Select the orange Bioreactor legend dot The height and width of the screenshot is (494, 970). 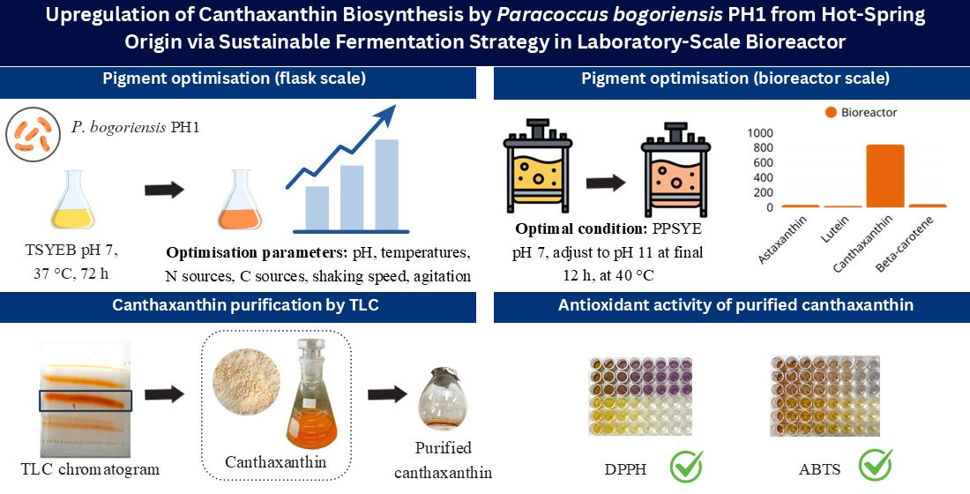(x=829, y=113)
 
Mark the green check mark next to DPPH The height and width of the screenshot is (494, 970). (x=686, y=465)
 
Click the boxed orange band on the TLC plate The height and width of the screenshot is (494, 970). (x=86, y=400)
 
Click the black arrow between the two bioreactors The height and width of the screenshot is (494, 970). (x=606, y=183)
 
